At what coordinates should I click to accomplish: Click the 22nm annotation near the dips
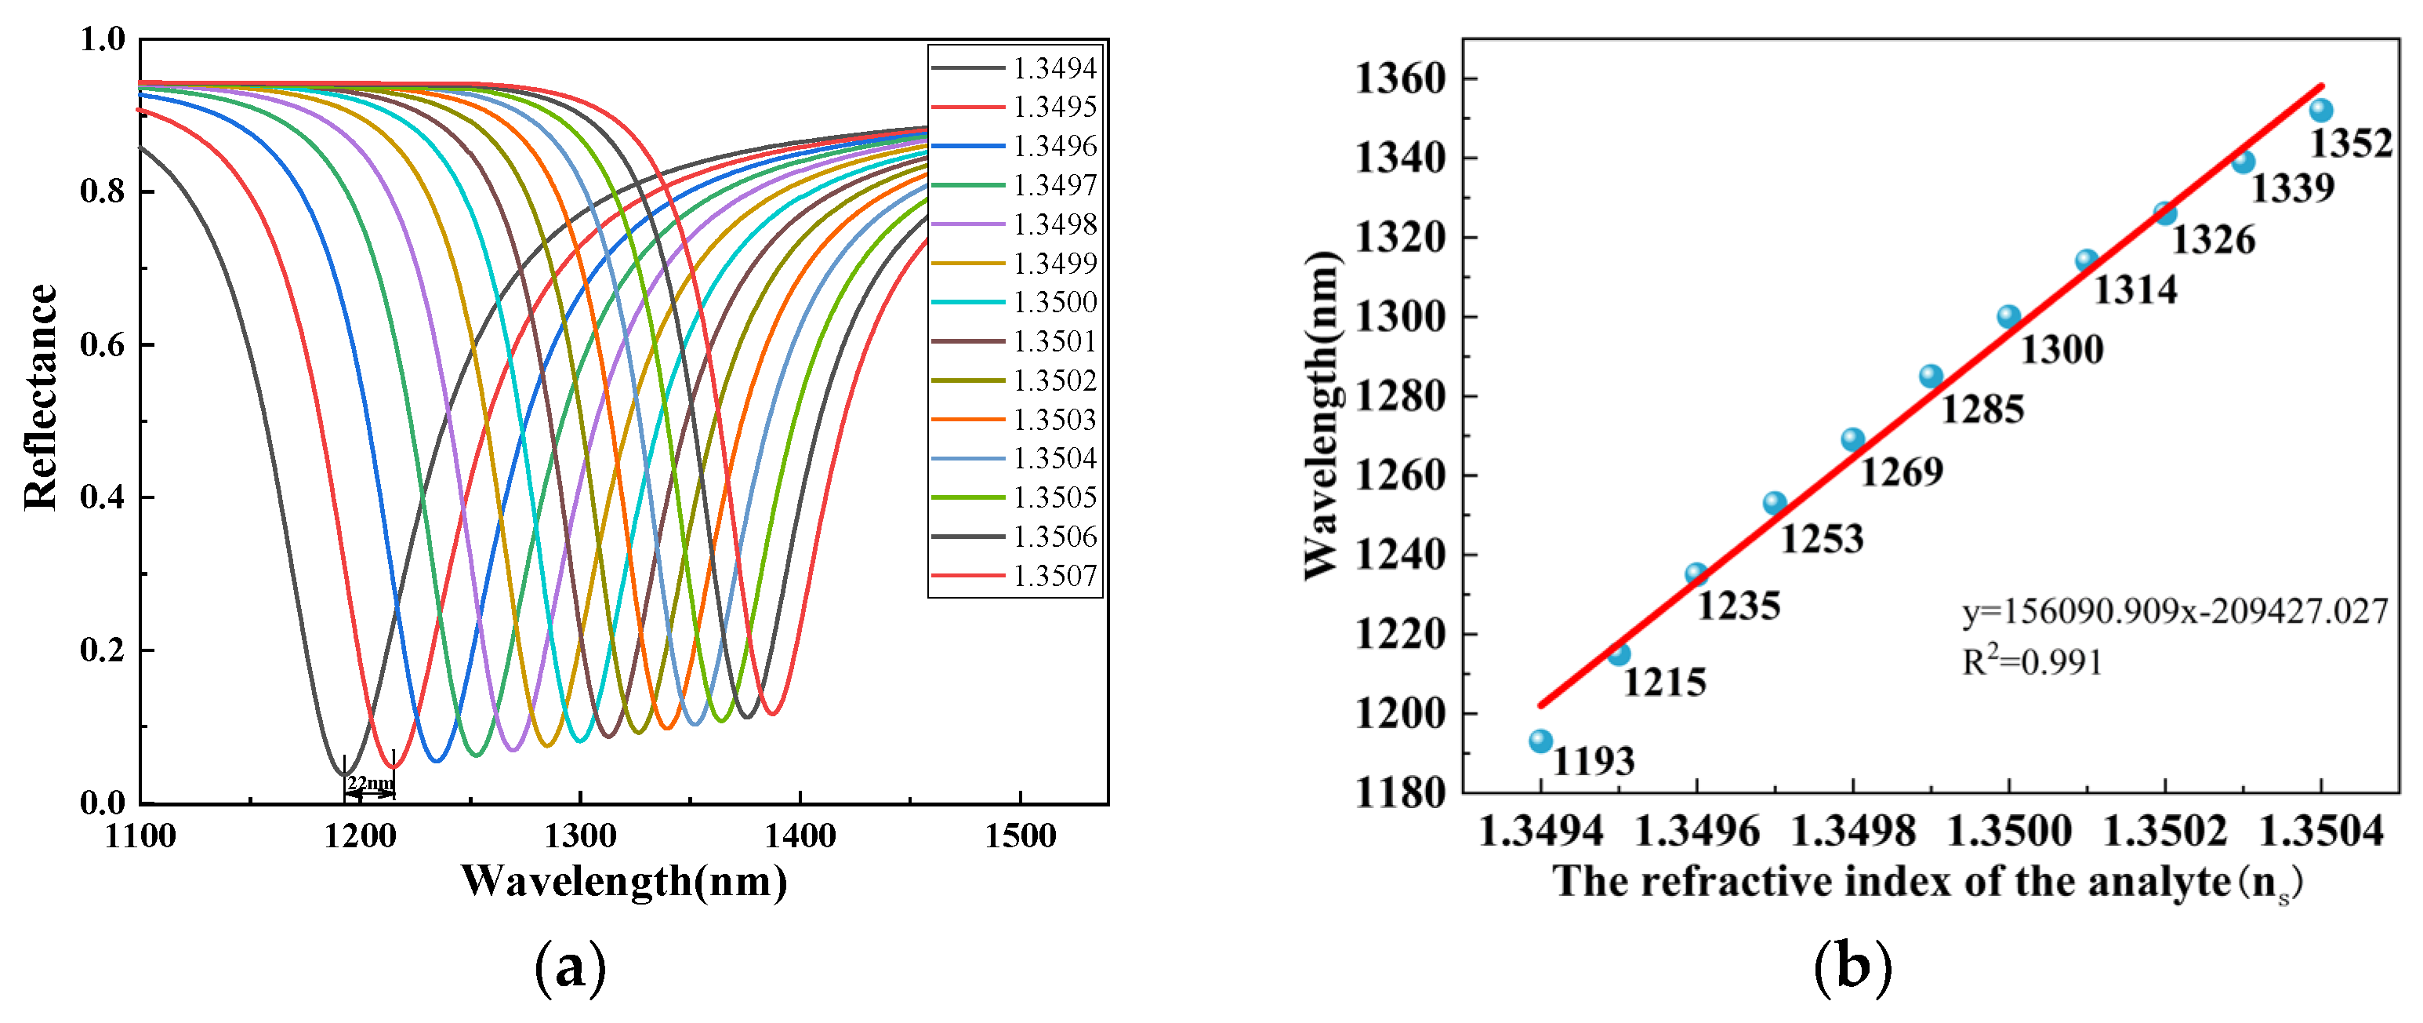click(x=370, y=783)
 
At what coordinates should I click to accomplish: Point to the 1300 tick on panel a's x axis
click(x=580, y=836)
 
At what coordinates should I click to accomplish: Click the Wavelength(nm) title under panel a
click(x=624, y=882)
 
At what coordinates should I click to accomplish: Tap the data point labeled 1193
click(x=1540, y=741)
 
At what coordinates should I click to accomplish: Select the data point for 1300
click(x=2008, y=317)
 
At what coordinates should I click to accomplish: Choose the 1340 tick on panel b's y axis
click(x=1398, y=158)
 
